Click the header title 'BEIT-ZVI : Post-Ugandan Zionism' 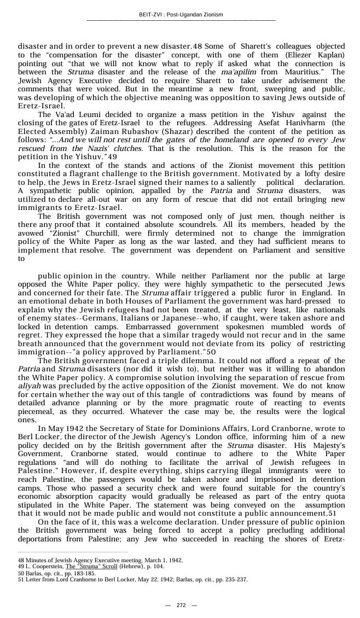pos(181,14)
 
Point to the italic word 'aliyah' pos(30,386)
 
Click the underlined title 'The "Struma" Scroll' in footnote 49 pos(91,567)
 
